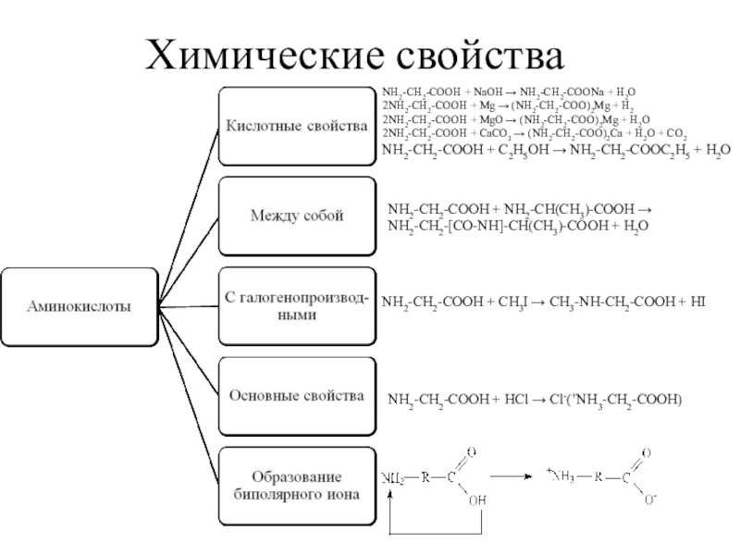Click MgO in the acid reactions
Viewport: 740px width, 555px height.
click(x=490, y=120)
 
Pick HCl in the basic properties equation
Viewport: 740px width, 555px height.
click(x=514, y=400)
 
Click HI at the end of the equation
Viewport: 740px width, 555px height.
click(x=697, y=302)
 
